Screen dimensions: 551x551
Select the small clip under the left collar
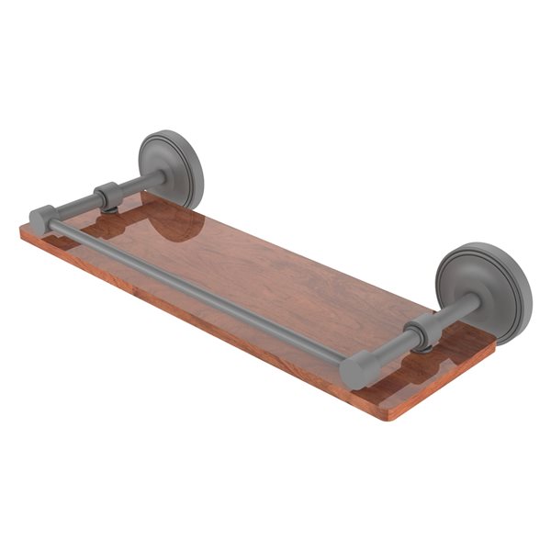point(109,208)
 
